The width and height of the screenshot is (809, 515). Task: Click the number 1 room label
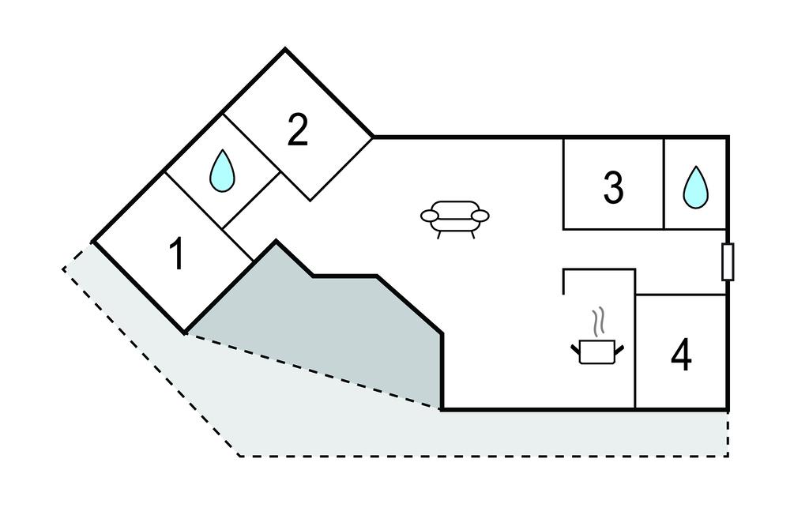pyautogui.click(x=179, y=254)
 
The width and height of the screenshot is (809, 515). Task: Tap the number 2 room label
pyautogui.click(x=297, y=130)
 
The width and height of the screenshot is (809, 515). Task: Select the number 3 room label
pyautogui.click(x=613, y=188)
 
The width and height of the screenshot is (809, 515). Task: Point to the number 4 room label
pyautogui.click(x=681, y=355)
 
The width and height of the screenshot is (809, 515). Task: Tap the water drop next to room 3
pyautogui.click(x=695, y=188)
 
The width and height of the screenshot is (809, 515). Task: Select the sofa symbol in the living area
pyautogui.click(x=455, y=217)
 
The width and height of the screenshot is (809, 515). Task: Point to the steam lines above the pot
pyautogui.click(x=599, y=321)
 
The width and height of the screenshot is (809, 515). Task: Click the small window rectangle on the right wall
pyautogui.click(x=728, y=262)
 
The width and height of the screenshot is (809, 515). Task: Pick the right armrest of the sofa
pyautogui.click(x=480, y=215)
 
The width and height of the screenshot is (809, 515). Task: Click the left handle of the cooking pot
pyautogui.click(x=575, y=347)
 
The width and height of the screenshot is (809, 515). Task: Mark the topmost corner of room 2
pyautogui.click(x=285, y=50)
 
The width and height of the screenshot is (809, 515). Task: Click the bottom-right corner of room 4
pyautogui.click(x=727, y=409)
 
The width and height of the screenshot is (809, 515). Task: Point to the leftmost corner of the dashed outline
pyautogui.click(x=63, y=269)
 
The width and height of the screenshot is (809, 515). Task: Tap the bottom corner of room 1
pyautogui.click(x=185, y=333)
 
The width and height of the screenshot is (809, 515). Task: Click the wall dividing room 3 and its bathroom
pyautogui.click(x=664, y=183)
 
